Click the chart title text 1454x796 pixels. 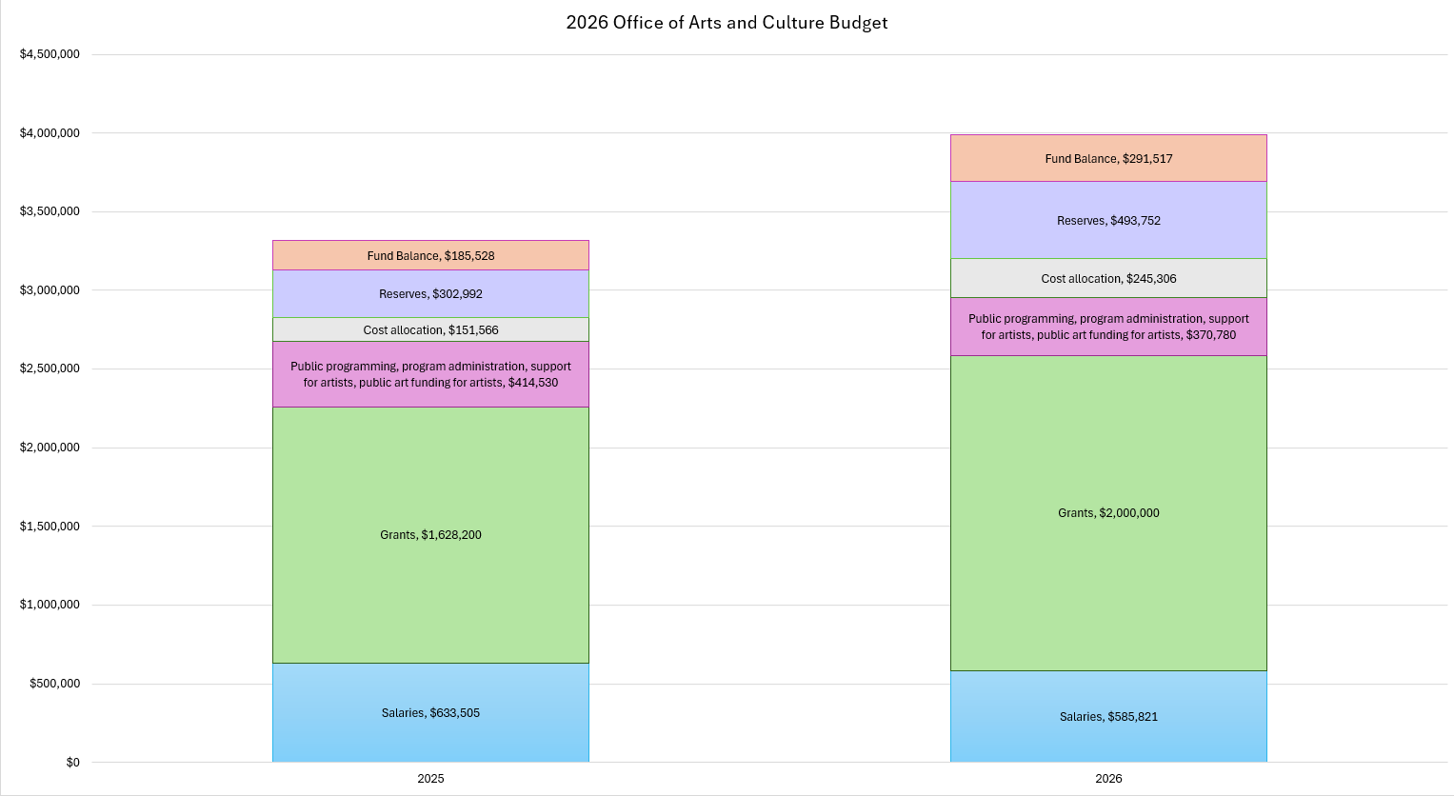[727, 23]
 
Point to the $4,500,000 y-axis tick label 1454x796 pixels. [50, 54]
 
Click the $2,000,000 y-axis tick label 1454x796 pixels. [50, 448]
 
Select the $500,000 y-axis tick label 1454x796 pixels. [54, 684]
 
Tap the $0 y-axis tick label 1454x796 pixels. [72, 763]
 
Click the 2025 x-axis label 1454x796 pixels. [430, 779]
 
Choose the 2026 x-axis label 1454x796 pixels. [1108, 779]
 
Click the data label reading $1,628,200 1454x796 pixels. [430, 535]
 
